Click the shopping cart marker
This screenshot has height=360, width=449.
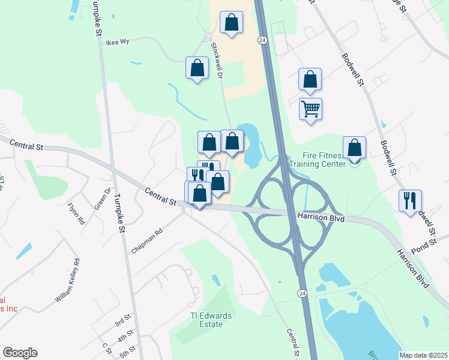[x=310, y=109]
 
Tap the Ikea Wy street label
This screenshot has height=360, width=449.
[x=118, y=43]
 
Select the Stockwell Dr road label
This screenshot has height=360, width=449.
[x=217, y=61]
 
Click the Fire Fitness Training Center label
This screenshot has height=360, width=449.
[x=318, y=158]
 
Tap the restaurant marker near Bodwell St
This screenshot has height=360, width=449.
[x=410, y=200]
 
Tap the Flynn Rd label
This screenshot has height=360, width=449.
[x=76, y=213]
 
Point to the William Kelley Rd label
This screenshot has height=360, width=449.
[x=67, y=280]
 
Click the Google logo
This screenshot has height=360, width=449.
[x=20, y=353]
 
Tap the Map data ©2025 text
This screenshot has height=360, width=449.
[x=423, y=355]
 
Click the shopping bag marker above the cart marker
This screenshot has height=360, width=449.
[x=310, y=79]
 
